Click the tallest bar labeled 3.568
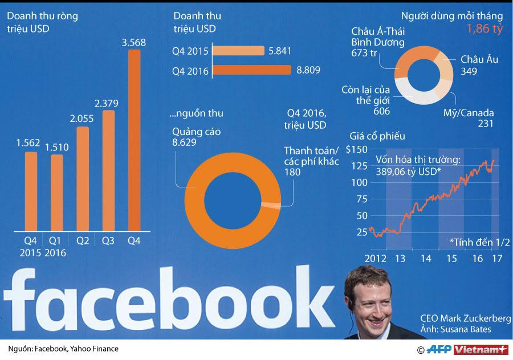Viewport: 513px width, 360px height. point(134,140)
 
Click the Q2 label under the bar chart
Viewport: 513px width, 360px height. point(83,241)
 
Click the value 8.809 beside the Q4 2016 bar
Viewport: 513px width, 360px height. point(308,71)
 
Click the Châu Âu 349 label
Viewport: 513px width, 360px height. point(477,66)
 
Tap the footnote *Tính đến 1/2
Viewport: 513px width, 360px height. point(479,242)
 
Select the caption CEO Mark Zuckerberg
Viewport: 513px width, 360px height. point(465,318)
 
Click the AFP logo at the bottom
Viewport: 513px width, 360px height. point(440,349)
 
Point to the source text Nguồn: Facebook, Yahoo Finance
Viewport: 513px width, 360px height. point(63,349)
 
